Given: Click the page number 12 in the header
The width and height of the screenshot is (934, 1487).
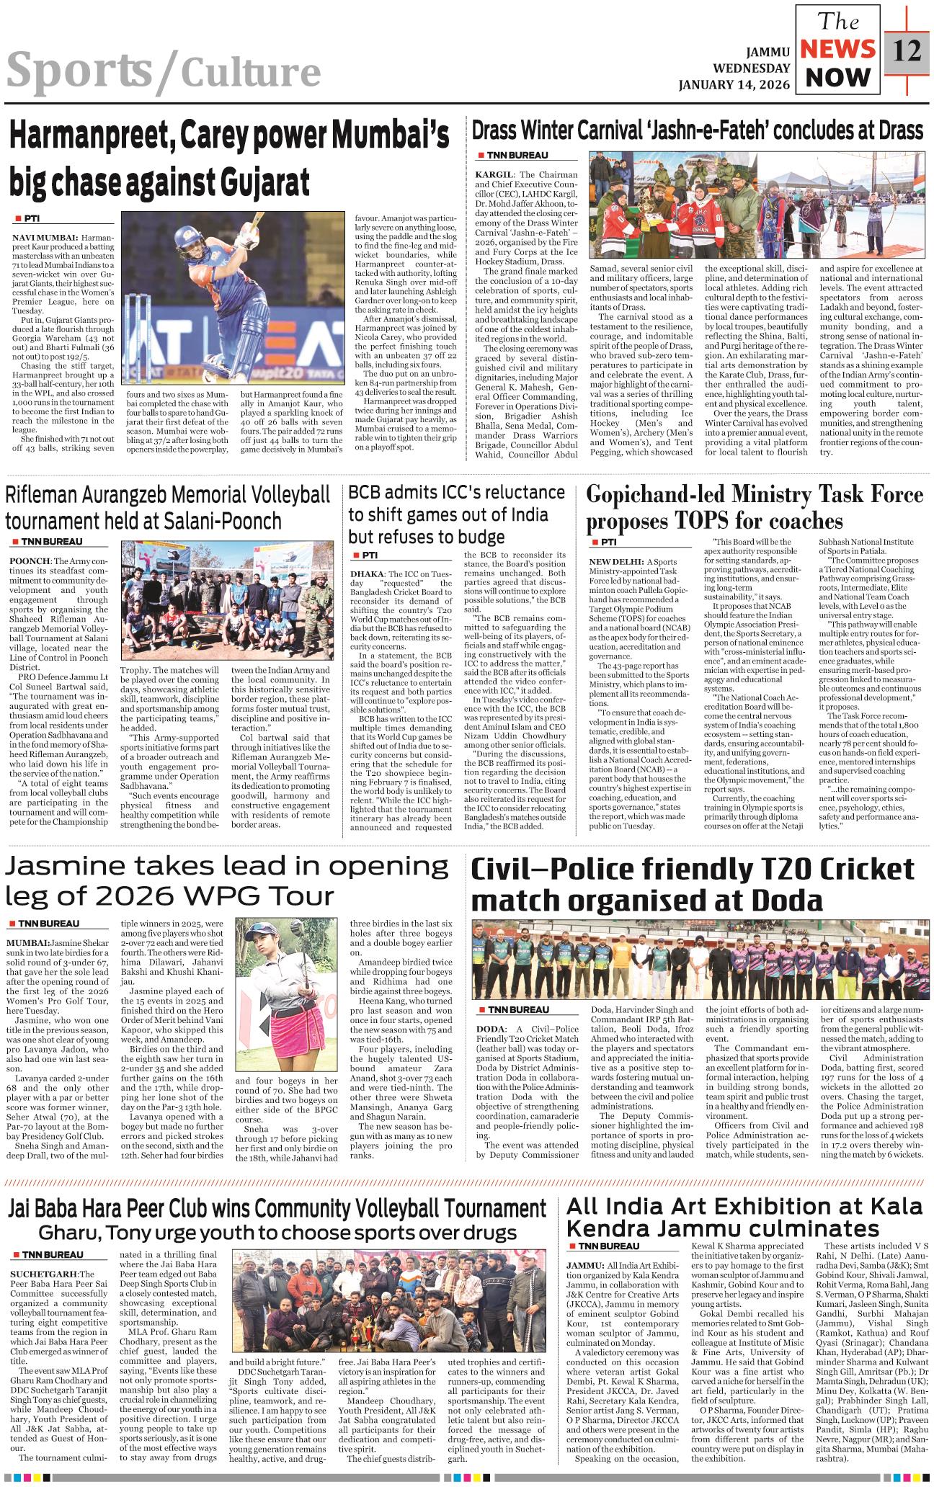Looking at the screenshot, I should [x=906, y=52].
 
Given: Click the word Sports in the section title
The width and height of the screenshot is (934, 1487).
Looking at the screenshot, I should [x=79, y=71].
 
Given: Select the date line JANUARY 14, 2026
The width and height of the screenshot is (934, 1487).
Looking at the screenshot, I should [x=734, y=84].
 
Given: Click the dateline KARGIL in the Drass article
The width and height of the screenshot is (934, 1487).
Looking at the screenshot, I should [x=494, y=174].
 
